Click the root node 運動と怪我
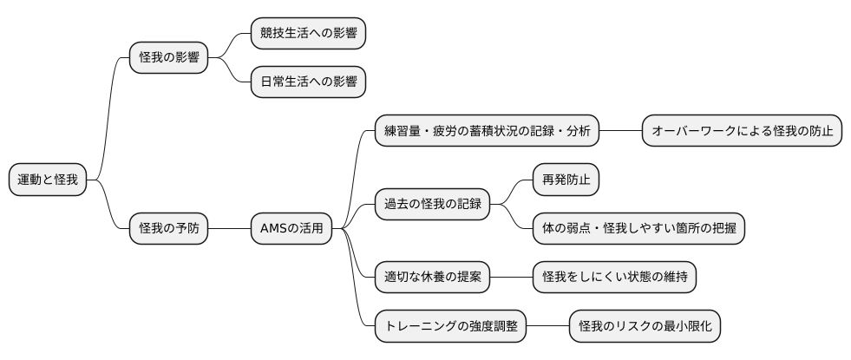click(49, 180)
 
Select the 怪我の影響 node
click(169, 58)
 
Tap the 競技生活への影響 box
click(308, 34)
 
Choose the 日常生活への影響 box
click(308, 82)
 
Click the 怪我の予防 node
click(169, 229)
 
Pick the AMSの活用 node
click(291, 229)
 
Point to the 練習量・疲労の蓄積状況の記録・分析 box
click(487, 132)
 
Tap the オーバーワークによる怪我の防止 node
click(742, 132)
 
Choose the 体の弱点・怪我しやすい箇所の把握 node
click(638, 229)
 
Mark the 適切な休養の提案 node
click(432, 278)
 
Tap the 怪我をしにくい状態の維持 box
click(614, 278)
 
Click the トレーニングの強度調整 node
click(450, 326)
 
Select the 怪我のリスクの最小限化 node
click(645, 326)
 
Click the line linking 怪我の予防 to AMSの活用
click(229, 229)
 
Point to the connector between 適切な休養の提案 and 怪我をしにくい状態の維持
click(511, 278)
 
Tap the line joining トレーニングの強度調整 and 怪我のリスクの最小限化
click(547, 326)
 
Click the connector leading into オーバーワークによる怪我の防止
click(620, 132)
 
